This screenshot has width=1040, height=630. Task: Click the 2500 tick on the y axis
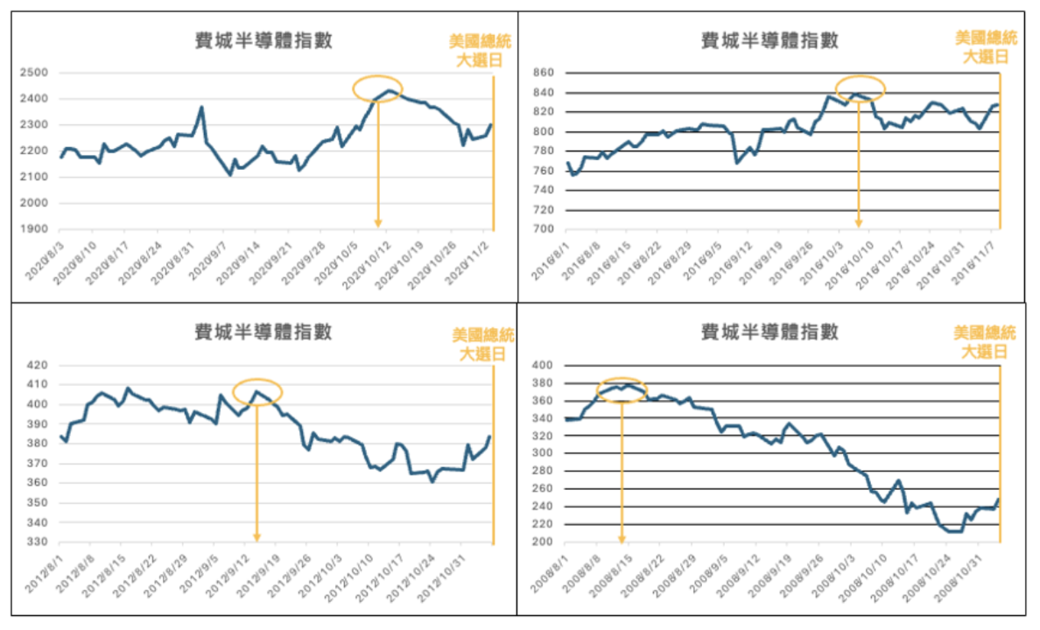(x=35, y=73)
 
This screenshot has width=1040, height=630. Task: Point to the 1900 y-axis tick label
(x=35, y=229)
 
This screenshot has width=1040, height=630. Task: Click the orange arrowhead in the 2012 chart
(x=256, y=536)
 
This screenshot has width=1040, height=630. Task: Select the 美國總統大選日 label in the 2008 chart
(x=985, y=342)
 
